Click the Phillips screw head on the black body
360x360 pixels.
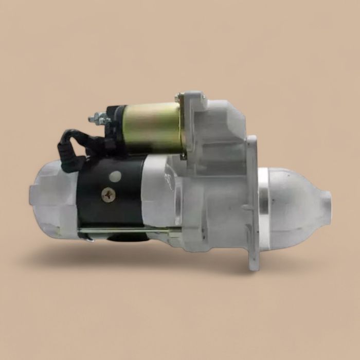[109, 194]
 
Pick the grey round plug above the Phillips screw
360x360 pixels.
[115, 176]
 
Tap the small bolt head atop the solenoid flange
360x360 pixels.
[178, 97]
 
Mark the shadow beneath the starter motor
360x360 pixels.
[154, 257]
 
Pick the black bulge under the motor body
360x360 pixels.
[123, 238]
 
